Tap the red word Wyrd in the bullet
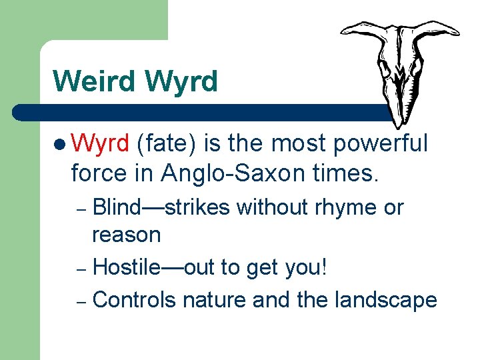pyautogui.click(x=99, y=143)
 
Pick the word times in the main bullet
pyautogui.click(x=347, y=173)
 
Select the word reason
pyautogui.click(x=127, y=235)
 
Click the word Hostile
pyautogui.click(x=127, y=267)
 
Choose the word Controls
pyautogui.click(x=135, y=300)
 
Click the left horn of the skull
pyautogui.click(x=360, y=30)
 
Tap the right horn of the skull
pyautogui.click(x=440, y=30)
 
